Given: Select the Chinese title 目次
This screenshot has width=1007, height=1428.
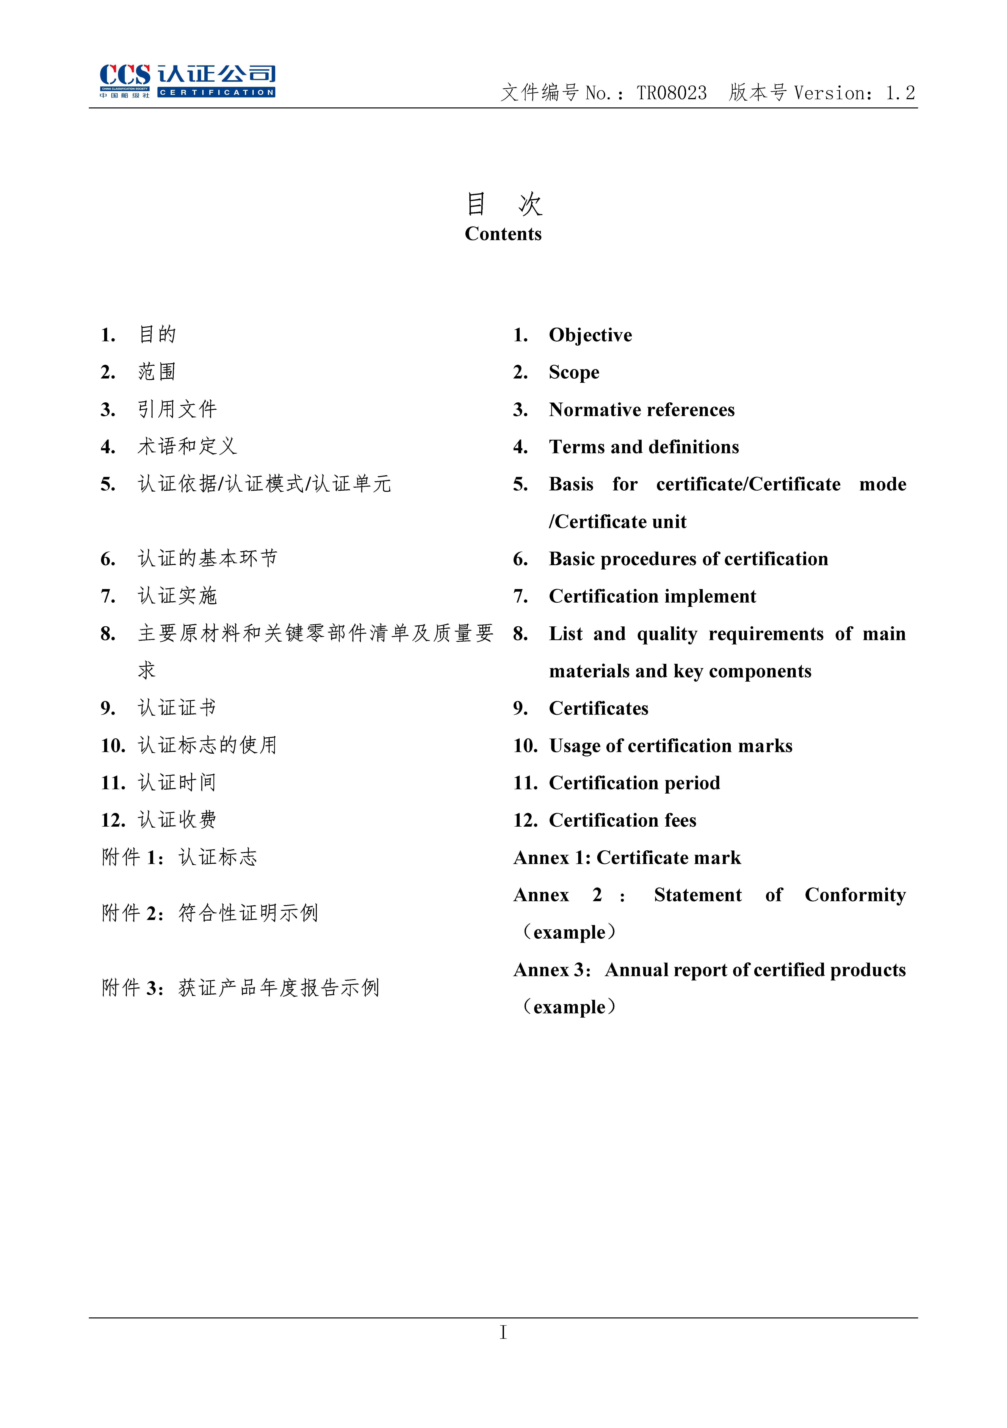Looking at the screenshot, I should pyautogui.click(x=504, y=204).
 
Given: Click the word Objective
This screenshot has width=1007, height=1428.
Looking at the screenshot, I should pyautogui.click(x=590, y=335).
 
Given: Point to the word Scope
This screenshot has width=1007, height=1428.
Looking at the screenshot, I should pyautogui.click(x=574, y=373).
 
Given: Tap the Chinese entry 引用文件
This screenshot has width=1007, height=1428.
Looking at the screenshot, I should pyautogui.click(x=177, y=409).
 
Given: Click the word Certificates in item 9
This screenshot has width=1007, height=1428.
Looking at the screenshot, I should pyautogui.click(x=598, y=708).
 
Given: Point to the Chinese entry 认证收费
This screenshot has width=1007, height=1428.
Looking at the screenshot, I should pyautogui.click(x=177, y=820).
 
